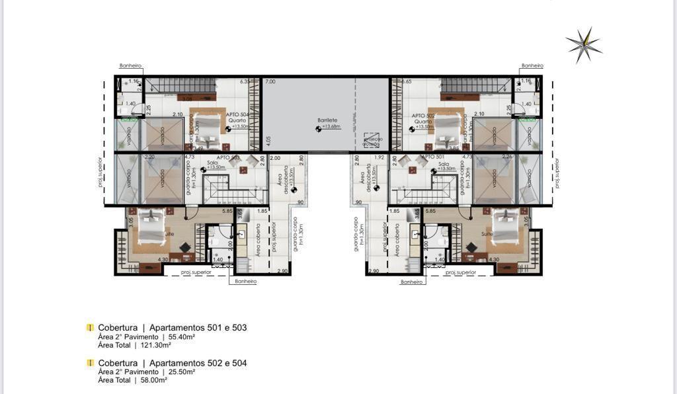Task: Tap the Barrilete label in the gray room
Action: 327,120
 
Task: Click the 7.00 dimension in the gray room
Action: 270,81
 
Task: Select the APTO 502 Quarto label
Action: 422,118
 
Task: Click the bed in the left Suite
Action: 155,225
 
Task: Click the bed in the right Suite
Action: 506,225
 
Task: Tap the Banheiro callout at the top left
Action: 130,66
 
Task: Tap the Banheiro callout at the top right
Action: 532,66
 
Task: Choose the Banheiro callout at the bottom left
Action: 242,282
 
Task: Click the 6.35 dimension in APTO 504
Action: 244,81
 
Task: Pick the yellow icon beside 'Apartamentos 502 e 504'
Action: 90,363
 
